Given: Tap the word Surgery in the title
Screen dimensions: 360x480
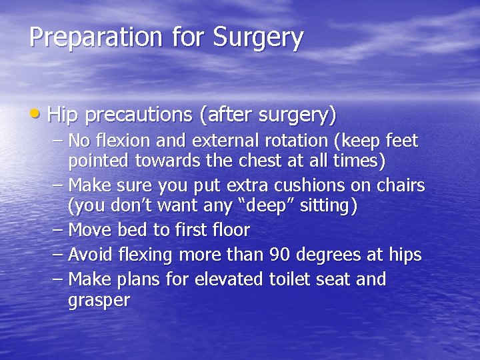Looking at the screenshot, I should pos(259,38).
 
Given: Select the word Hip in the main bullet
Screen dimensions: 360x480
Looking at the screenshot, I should pos(64,115).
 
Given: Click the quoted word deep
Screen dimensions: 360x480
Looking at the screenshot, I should pos(265,207).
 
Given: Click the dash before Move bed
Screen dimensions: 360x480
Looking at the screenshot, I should pos(58,231).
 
